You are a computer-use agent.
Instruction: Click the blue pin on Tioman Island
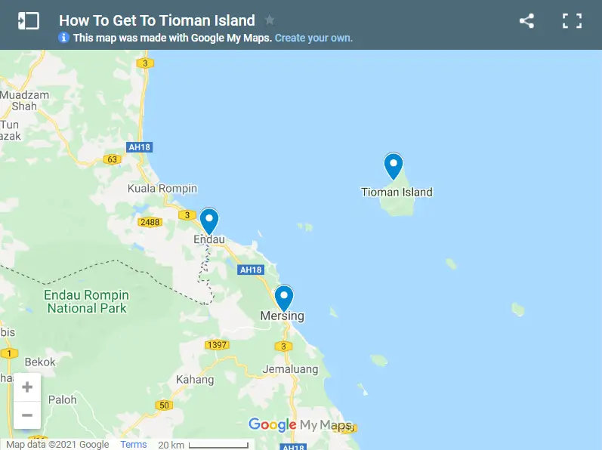394,165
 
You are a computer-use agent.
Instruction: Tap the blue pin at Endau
209,220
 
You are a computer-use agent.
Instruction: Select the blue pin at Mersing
284,297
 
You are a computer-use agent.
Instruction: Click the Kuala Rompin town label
162,188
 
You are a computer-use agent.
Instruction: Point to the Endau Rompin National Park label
86,301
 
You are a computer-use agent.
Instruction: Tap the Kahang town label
195,380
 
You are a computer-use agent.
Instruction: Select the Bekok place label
40,362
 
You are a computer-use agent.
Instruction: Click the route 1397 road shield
216,344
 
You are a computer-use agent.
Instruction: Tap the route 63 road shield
113,159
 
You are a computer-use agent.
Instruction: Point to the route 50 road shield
164,405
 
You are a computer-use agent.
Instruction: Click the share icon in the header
526,21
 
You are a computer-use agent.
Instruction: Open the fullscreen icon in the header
572,21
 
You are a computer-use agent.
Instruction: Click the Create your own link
313,38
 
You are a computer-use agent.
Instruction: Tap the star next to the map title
270,20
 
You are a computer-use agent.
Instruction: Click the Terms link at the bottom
134,444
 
